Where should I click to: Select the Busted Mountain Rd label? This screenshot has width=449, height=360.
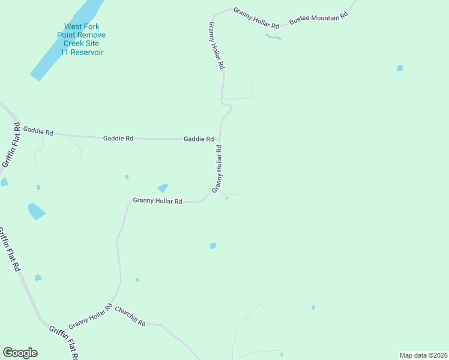(x=319, y=19)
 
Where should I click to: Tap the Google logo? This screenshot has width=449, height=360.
(x=20, y=353)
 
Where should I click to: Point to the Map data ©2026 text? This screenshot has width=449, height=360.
(x=423, y=355)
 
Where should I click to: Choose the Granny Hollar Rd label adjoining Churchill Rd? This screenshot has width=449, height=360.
(x=91, y=317)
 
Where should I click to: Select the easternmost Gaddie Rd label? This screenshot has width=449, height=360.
(x=199, y=139)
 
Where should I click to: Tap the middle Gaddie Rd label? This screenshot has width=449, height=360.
(x=118, y=138)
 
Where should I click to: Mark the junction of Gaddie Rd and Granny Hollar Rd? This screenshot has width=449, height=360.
(x=220, y=139)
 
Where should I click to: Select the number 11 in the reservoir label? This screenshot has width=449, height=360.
(x=64, y=53)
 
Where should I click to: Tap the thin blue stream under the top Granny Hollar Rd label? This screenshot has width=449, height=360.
(x=273, y=37)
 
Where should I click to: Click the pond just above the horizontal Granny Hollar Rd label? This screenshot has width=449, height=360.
(x=163, y=188)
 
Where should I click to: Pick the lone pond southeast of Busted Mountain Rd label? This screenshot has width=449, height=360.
(x=400, y=68)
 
